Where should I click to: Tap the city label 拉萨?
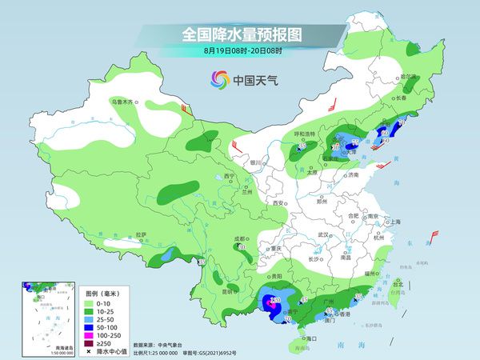142,234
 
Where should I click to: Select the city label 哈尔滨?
409,77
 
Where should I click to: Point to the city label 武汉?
323,234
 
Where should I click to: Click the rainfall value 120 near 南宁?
275,300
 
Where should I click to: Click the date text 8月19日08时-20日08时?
238,51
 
